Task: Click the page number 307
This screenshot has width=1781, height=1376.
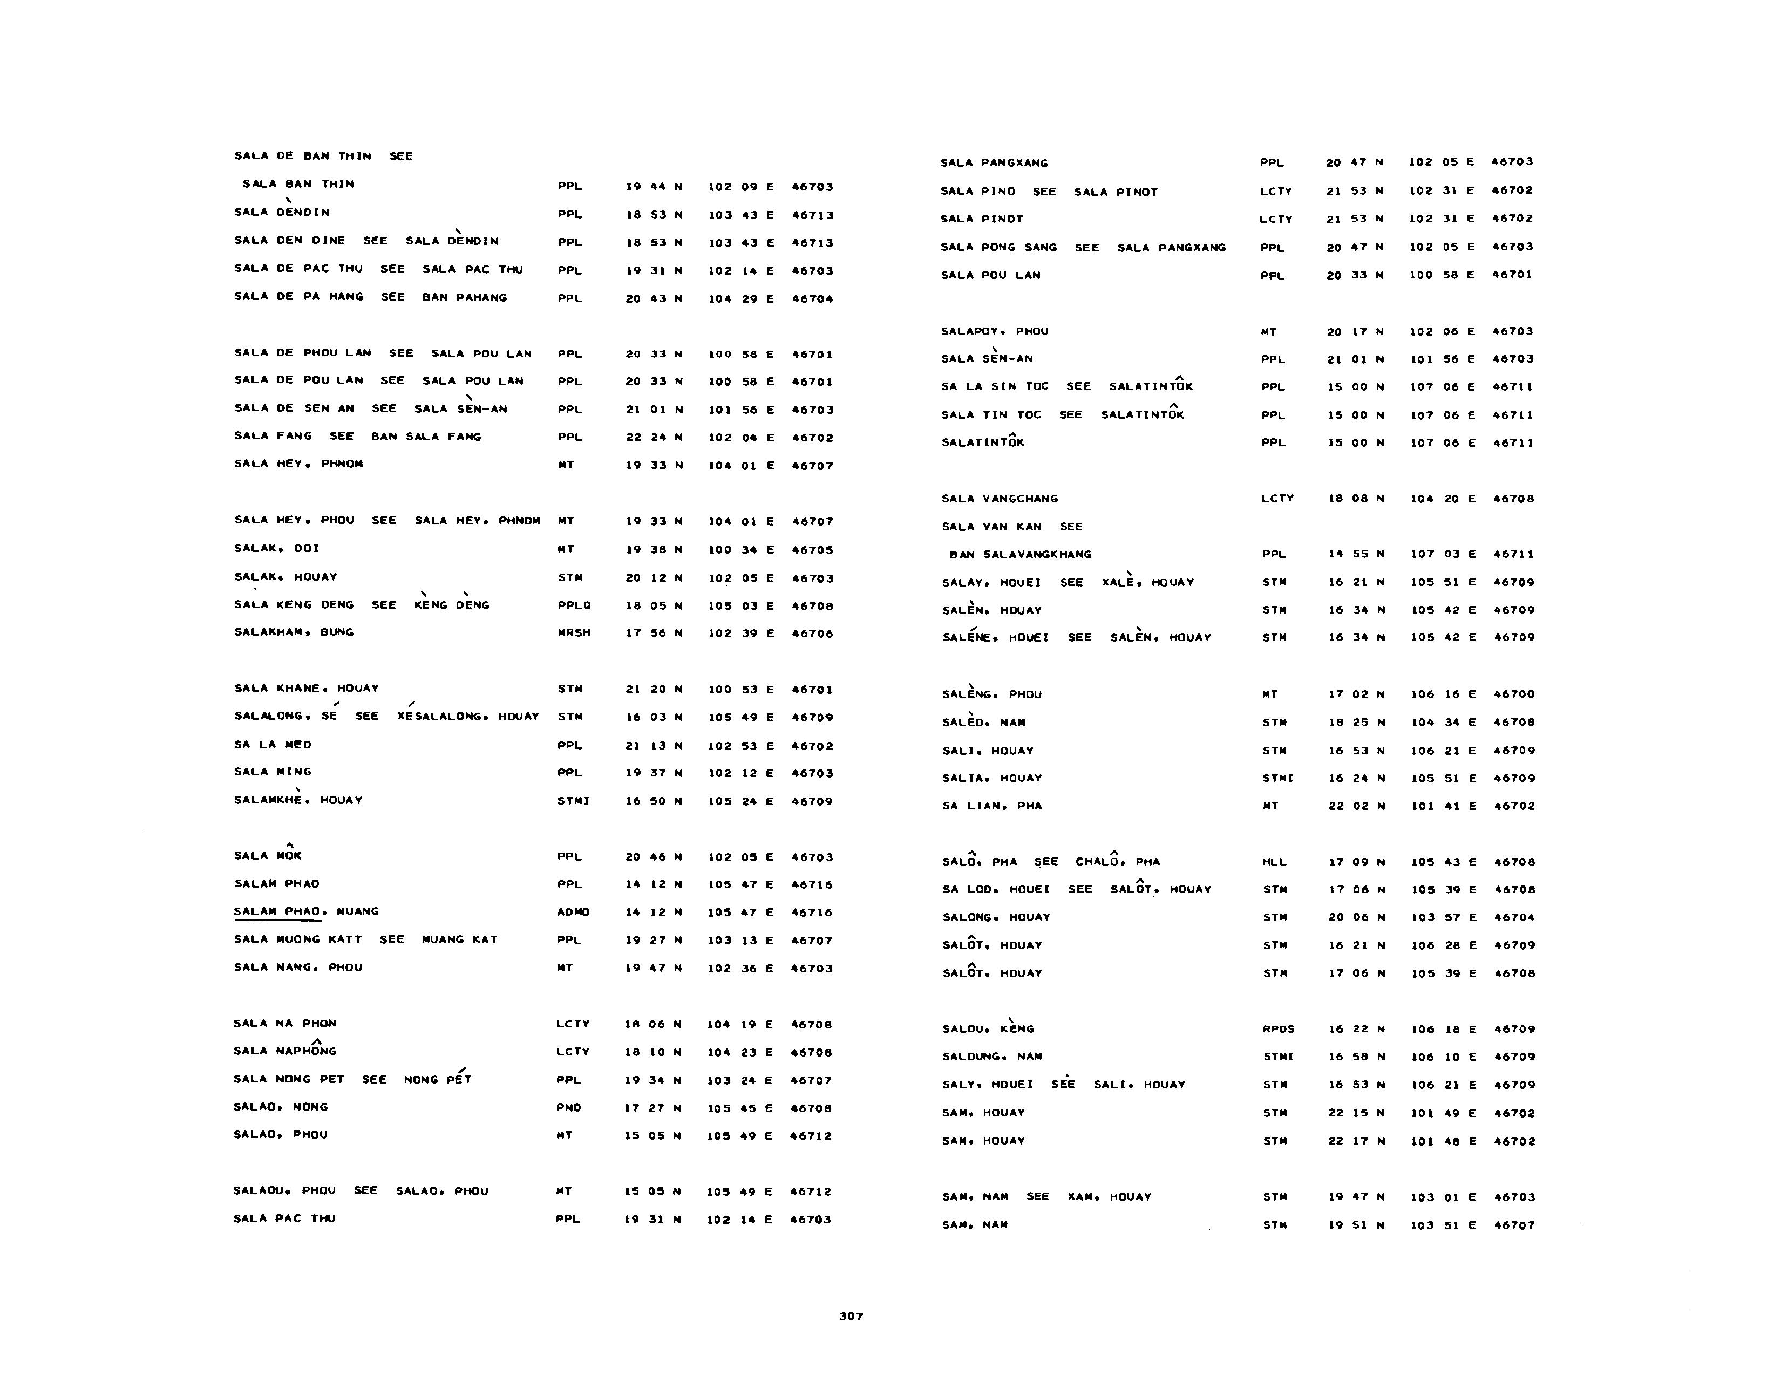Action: pos(851,1316)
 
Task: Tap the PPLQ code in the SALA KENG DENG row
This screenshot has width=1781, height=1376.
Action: pos(574,605)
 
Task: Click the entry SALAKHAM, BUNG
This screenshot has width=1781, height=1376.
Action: pos(294,632)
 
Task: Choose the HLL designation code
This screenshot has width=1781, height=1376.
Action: pos(1274,862)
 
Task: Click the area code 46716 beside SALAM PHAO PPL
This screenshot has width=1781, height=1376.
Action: pos(811,884)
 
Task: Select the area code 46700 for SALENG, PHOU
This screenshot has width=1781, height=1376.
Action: pos(1513,694)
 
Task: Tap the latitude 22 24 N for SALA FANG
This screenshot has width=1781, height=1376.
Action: pos(653,438)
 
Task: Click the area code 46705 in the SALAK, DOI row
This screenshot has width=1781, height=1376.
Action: pos(812,550)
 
